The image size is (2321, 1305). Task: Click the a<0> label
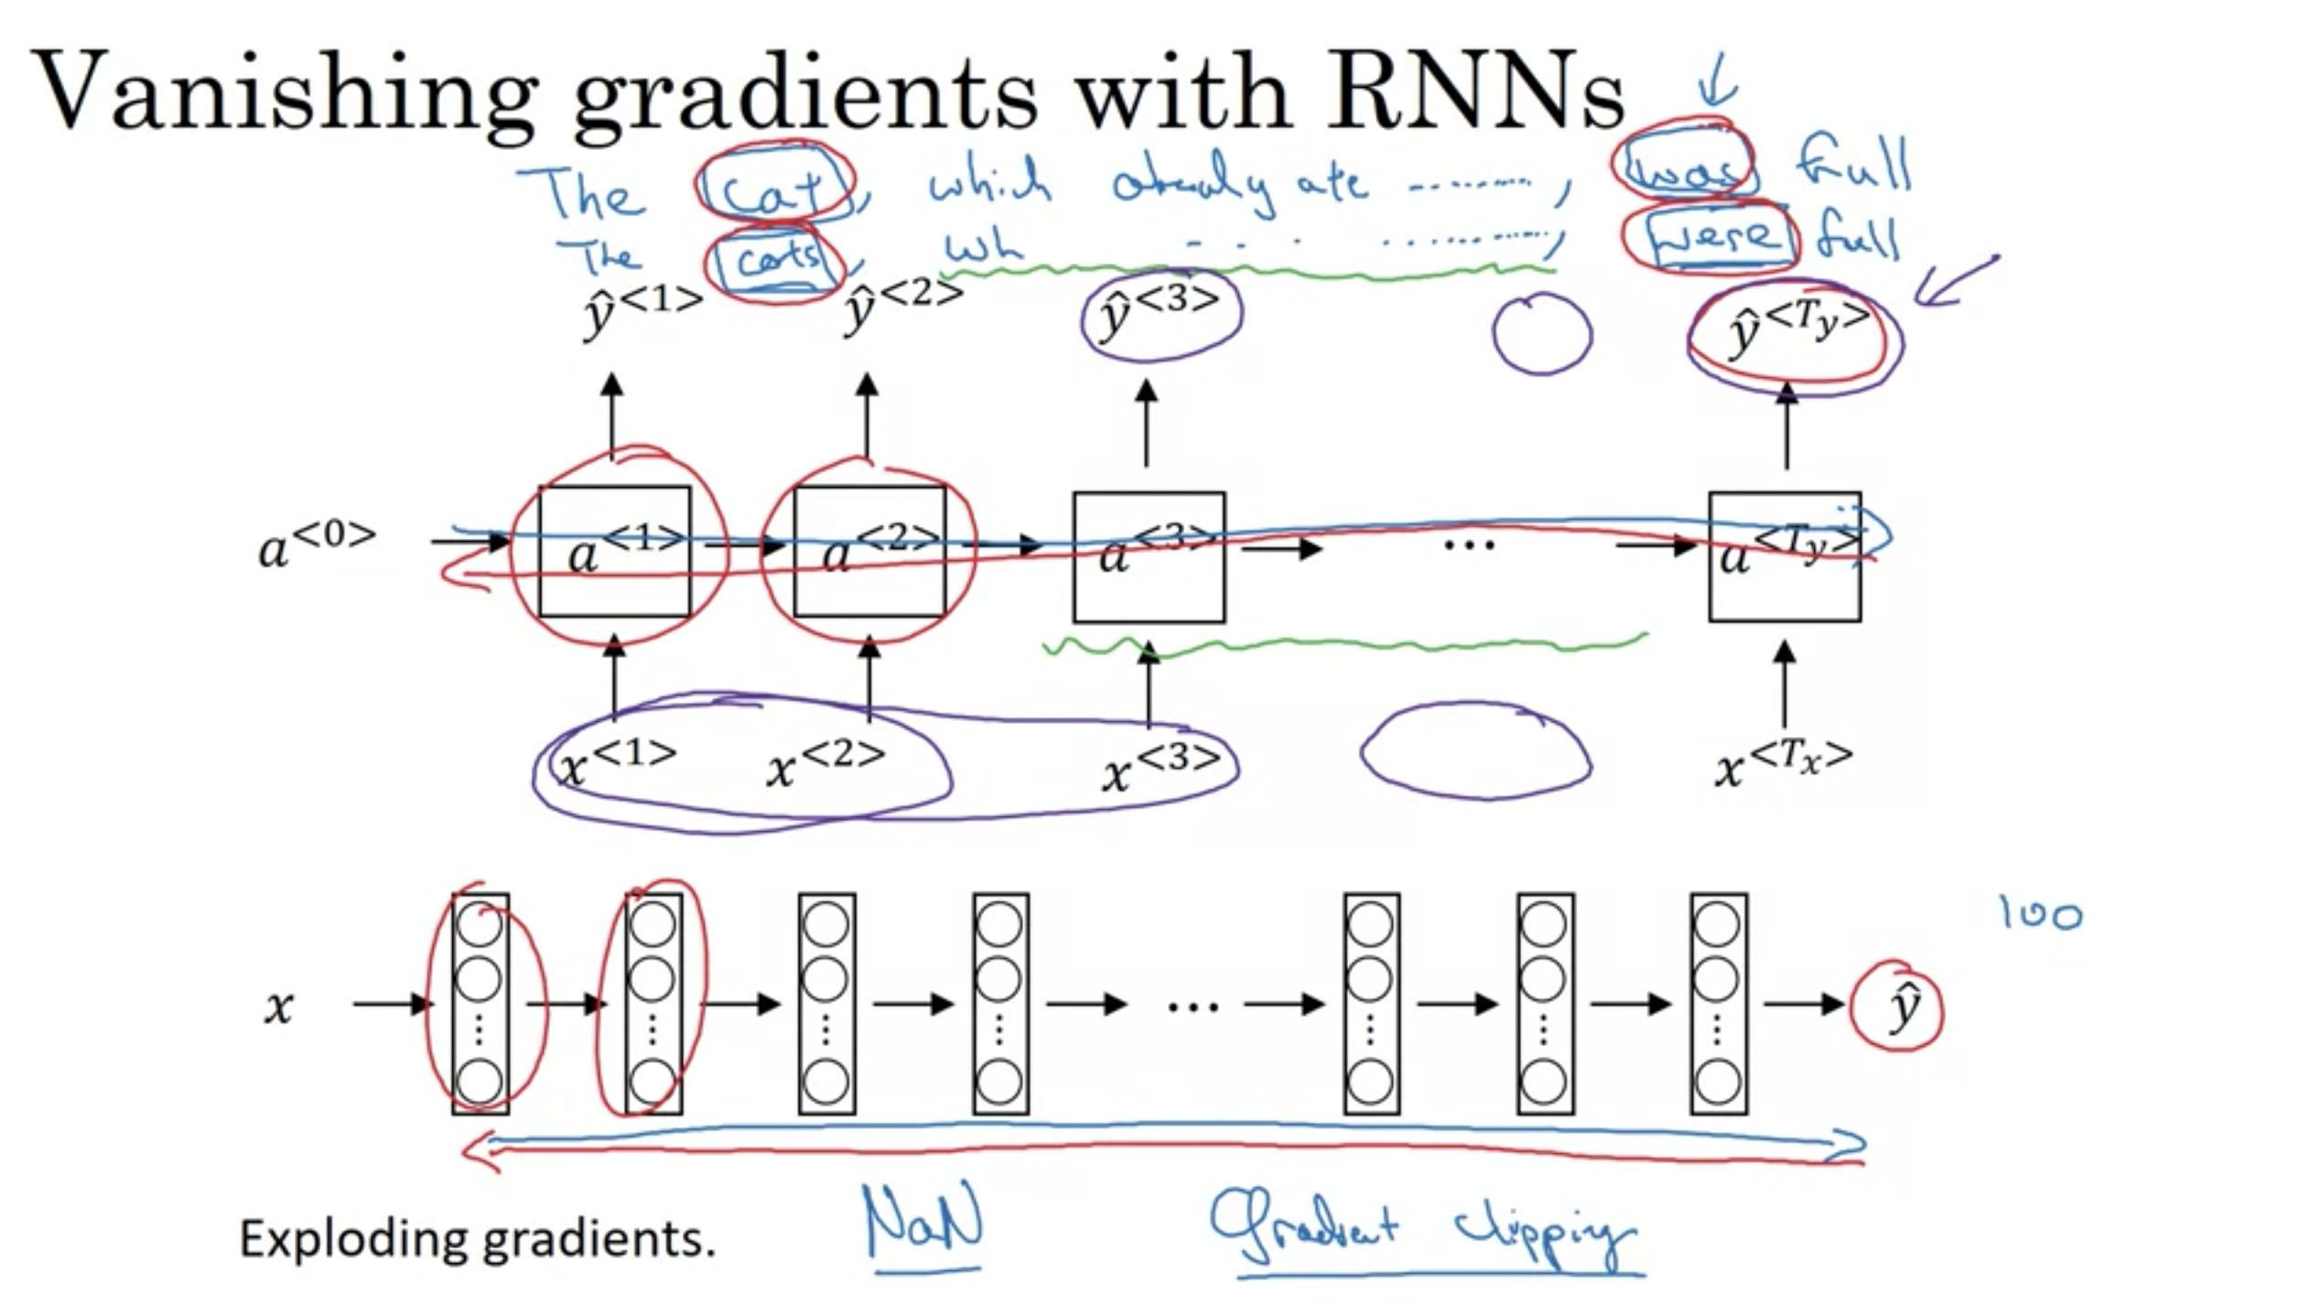pos(316,545)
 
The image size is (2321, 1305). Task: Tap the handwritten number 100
pos(2040,914)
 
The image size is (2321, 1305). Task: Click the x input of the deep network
pos(279,1007)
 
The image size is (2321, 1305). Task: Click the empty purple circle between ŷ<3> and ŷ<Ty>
pos(1541,334)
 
